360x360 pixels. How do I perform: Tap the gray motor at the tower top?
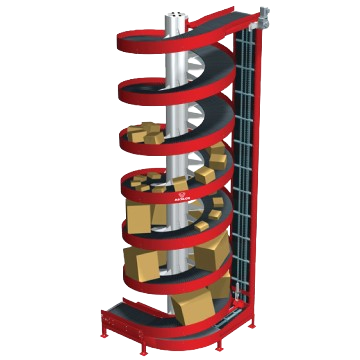tap(263, 15)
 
